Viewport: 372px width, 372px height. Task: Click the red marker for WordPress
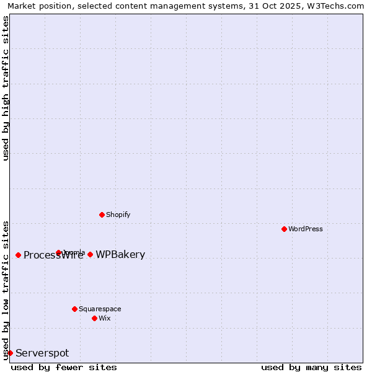[x=284, y=229]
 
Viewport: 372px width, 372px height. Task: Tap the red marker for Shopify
[x=102, y=215]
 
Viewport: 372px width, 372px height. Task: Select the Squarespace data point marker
[x=74, y=309]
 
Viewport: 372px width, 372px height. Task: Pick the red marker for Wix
[x=94, y=318]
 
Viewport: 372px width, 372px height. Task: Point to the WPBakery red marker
[x=90, y=254]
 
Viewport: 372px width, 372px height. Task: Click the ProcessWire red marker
[x=18, y=255]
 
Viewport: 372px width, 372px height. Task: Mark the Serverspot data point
[x=10, y=353]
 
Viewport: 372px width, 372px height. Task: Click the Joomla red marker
[x=58, y=252]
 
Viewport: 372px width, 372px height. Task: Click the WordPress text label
[x=306, y=229]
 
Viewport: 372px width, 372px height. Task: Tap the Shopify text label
[x=118, y=215]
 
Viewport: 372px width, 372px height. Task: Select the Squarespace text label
[x=100, y=309]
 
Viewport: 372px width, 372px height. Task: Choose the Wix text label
[x=104, y=318]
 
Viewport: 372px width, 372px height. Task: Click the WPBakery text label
[x=120, y=255]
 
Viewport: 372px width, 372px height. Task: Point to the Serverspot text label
[x=42, y=353]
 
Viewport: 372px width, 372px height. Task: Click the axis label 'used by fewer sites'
[x=64, y=367]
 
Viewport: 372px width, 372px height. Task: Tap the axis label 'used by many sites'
[x=311, y=367]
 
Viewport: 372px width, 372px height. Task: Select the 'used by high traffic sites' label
[x=6, y=88]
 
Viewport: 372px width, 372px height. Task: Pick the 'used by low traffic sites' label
[x=6, y=290]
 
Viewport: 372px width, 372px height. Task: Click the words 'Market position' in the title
[x=37, y=6]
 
